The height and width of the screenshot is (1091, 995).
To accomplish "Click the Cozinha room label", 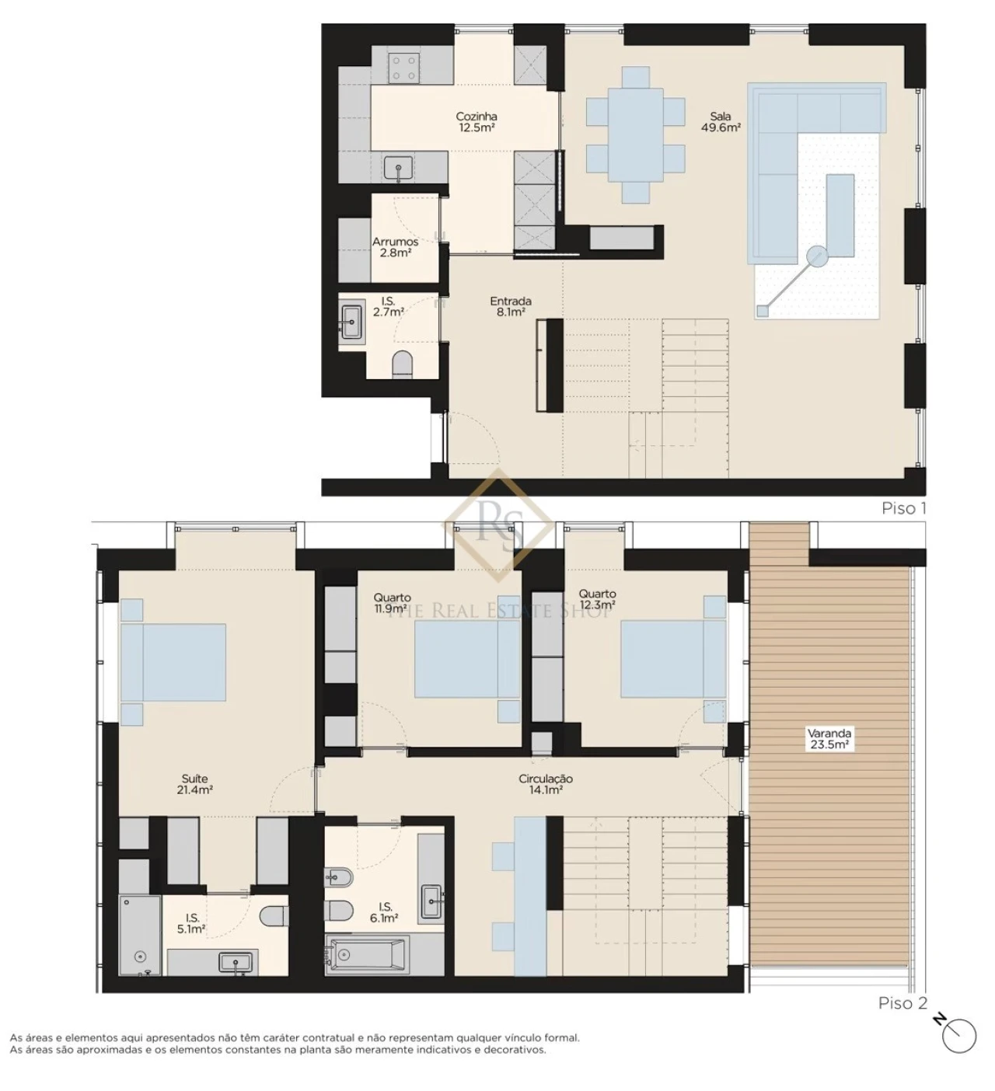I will [x=477, y=122].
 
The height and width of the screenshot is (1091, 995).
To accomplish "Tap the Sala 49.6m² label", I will [x=721, y=122].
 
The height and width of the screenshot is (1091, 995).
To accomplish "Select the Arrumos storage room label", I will [x=395, y=247].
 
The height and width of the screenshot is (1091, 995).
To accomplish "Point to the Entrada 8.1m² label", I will [x=511, y=306].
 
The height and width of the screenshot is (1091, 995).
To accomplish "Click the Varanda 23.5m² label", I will [x=829, y=738].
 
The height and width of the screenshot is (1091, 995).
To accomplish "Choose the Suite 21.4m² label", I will [x=194, y=784].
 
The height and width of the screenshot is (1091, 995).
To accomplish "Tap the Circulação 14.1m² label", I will [x=546, y=784].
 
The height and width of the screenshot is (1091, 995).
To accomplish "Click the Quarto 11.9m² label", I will [x=392, y=603].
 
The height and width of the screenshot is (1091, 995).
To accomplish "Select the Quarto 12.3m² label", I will [x=597, y=599].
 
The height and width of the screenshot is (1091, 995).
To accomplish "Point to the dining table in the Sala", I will [x=636, y=134].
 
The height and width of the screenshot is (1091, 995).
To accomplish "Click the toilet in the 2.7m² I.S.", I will [x=402, y=364].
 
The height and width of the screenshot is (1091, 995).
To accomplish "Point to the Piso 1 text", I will [x=903, y=508].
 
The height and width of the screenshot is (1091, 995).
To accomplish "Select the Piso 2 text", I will [x=902, y=1003].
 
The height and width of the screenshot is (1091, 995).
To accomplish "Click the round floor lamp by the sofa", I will [x=817, y=255].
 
